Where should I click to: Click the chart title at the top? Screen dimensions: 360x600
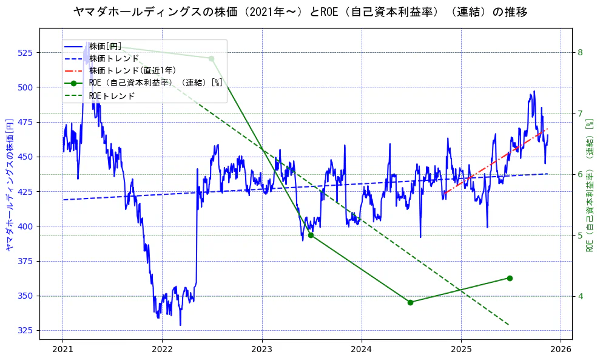click(x=300, y=12)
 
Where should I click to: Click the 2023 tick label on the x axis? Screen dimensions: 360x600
click(x=262, y=350)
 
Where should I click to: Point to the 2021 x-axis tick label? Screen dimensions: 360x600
click(x=62, y=350)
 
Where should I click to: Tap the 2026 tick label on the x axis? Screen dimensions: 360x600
click(x=561, y=350)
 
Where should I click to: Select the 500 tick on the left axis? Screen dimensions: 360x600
click(x=28, y=87)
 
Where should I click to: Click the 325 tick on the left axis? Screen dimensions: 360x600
click(x=28, y=331)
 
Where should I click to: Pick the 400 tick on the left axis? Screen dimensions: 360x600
click(x=28, y=226)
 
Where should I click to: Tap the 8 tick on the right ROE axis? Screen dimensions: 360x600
click(x=580, y=53)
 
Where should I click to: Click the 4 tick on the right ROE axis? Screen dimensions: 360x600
click(x=580, y=296)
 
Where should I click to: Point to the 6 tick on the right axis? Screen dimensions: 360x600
click(x=580, y=175)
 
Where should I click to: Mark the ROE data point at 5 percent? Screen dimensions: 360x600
click(x=311, y=235)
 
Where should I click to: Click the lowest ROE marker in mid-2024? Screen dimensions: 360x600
click(x=410, y=302)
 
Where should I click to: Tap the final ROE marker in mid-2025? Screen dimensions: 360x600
click(x=510, y=278)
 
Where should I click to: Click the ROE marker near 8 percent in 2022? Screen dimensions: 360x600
click(x=211, y=58)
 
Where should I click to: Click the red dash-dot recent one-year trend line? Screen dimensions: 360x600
click(x=497, y=160)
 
